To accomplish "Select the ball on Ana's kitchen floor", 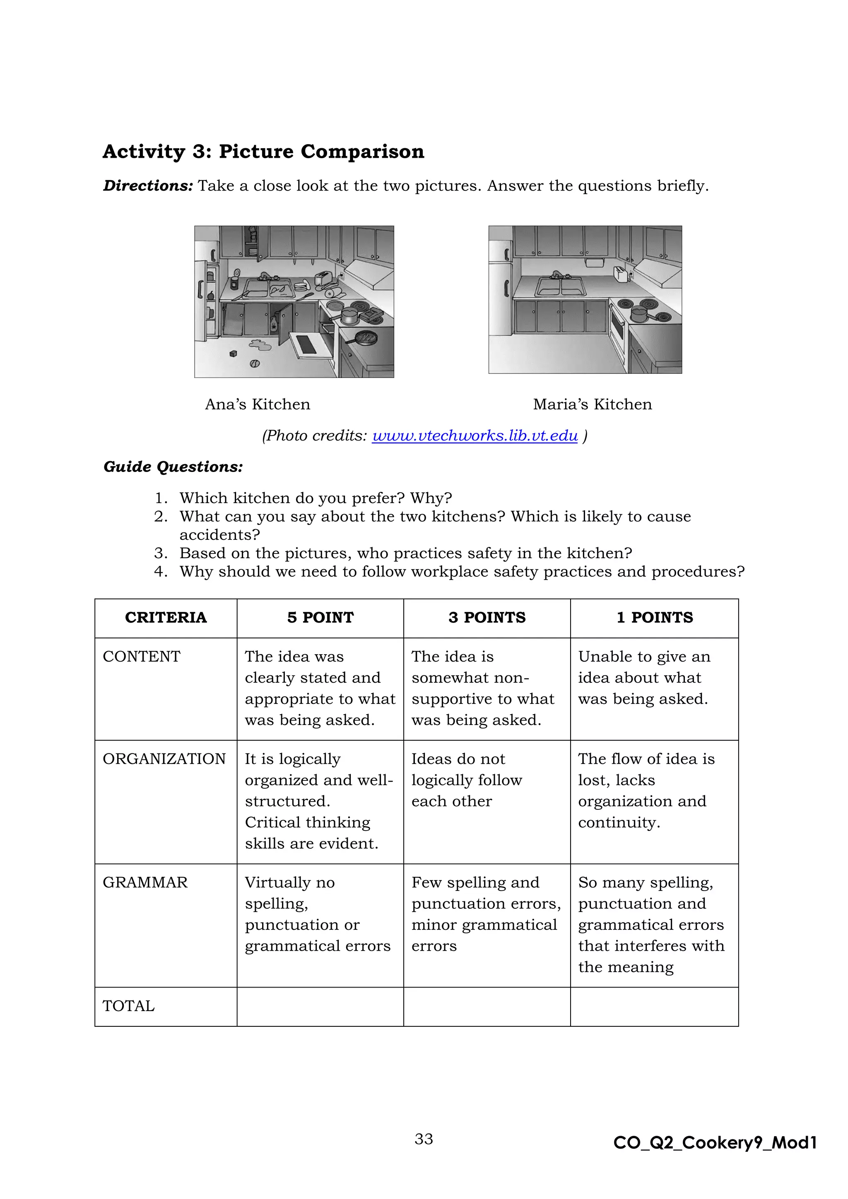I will pyautogui.click(x=254, y=363).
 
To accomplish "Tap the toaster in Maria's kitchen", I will pyautogui.click(x=620, y=274).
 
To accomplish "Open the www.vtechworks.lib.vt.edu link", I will pyautogui.click(x=475, y=436).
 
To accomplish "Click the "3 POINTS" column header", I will pyautogui.click(x=487, y=617).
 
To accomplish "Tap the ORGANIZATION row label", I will pyautogui.click(x=164, y=759).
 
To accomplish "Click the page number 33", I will pyautogui.click(x=424, y=1139).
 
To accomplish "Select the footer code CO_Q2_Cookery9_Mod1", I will pyautogui.click(x=715, y=1143).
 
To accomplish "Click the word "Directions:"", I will pyautogui.click(x=148, y=186).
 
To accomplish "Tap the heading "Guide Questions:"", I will pyautogui.click(x=173, y=467).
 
